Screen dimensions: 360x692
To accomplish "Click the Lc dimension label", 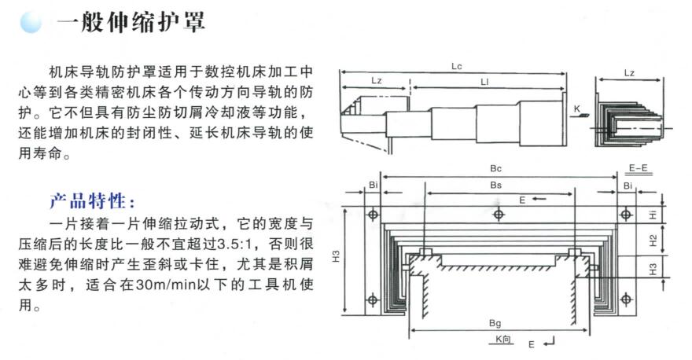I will (455, 68).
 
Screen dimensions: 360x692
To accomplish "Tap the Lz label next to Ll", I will (376, 83).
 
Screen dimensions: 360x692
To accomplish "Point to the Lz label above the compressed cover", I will (629, 73).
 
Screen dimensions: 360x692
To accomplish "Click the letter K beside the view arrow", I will (576, 108).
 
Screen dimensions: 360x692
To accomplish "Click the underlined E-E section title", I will (638, 168).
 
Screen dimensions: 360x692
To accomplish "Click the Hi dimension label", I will (652, 215).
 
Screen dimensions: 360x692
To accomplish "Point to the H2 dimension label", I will (652, 240).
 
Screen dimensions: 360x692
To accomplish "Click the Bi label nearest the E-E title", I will (628, 185).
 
